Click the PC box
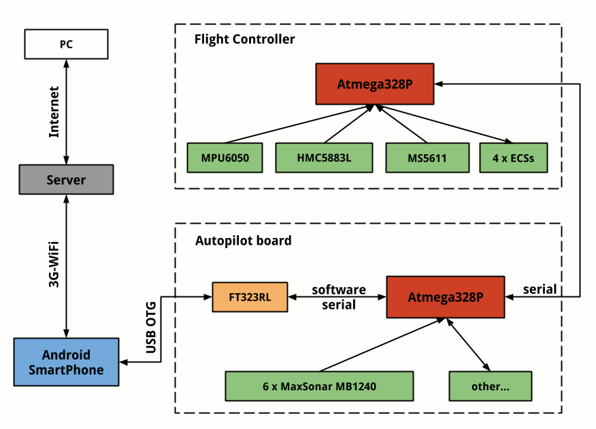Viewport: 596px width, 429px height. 66,44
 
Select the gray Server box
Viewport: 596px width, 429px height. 66,180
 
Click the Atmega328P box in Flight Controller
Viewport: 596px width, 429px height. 375,84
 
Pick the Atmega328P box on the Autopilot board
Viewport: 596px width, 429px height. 446,297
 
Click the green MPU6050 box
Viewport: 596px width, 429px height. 225,158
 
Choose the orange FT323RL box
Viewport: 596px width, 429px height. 250,297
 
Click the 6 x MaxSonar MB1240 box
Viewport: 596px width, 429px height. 319,386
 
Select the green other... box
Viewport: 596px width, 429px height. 490,386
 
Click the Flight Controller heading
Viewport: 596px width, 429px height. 245,39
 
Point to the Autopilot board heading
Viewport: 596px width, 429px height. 244,241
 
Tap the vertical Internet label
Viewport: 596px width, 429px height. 54,112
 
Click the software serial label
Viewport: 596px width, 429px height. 338,298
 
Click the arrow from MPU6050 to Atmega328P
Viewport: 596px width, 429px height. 299,124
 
